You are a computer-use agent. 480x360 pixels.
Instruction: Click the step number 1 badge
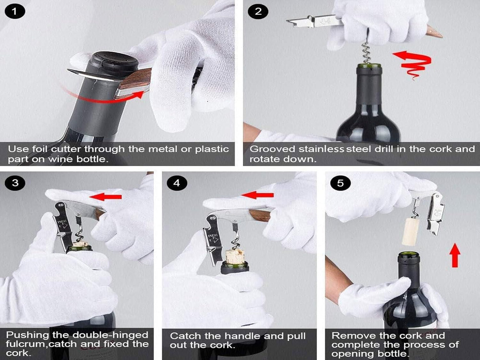[15, 12]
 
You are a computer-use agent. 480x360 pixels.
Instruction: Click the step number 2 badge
[258, 12]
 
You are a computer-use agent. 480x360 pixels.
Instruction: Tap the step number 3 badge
[15, 183]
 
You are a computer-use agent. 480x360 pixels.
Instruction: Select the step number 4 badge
[176, 183]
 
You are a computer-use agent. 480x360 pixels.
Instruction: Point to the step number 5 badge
[340, 183]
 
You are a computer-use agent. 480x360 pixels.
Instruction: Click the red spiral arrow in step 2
[414, 63]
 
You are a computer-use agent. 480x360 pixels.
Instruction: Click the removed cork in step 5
[411, 231]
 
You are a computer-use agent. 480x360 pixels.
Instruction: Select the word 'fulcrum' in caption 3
[26, 344]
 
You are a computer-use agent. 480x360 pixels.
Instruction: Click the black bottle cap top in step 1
[115, 60]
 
